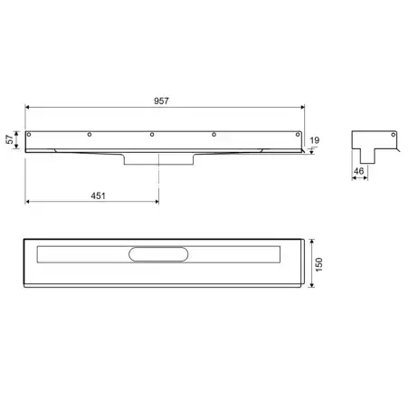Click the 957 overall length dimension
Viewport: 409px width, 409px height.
tap(161, 100)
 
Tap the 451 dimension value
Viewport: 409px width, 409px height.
tap(99, 195)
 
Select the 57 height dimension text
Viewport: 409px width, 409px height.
tap(10, 139)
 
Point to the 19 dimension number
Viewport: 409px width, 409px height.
tap(315, 140)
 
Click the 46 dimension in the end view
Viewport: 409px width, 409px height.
tap(358, 171)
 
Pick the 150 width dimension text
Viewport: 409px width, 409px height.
tap(319, 264)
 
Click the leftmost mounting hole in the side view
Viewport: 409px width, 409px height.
tap(29, 134)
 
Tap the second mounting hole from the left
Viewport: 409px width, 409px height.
tap(90, 134)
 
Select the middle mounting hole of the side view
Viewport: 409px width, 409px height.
tap(152, 134)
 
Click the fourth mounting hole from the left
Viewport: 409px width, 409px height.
tap(214, 134)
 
